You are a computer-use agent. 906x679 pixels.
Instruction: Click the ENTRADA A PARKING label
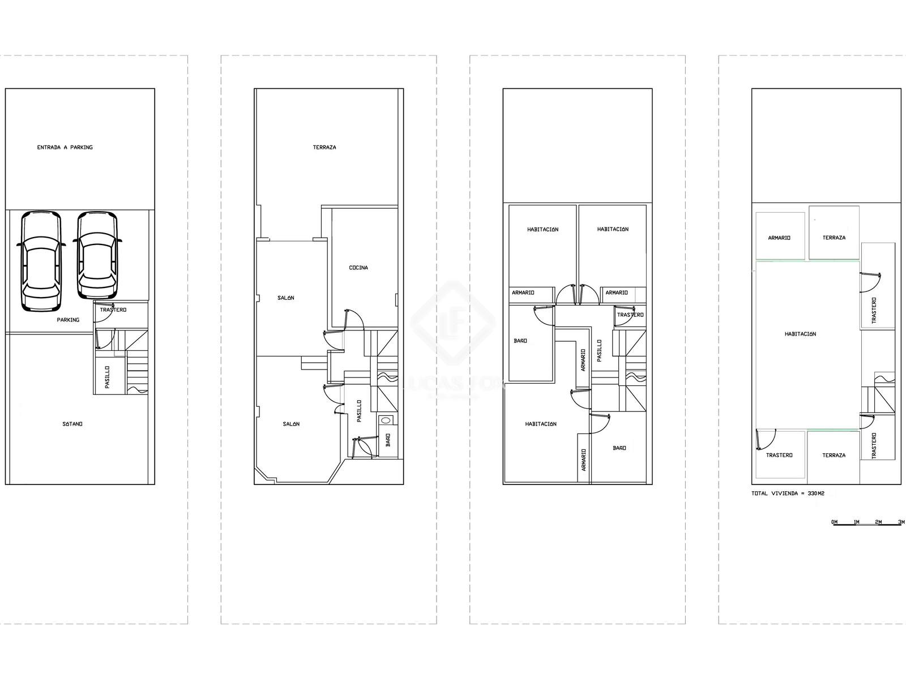click(x=65, y=147)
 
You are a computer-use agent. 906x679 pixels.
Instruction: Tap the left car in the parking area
click(x=41, y=261)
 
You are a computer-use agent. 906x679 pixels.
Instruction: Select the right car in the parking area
click(x=97, y=256)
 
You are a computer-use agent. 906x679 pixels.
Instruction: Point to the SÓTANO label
click(x=72, y=424)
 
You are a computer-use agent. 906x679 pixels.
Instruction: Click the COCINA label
click(x=358, y=268)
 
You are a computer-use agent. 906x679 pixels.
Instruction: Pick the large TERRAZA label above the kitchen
click(x=324, y=147)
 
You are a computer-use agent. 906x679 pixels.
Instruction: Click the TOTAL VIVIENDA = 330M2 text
click(x=788, y=493)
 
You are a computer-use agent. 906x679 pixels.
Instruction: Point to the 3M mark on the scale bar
click(x=901, y=522)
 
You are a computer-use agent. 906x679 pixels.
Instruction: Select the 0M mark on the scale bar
click(x=835, y=522)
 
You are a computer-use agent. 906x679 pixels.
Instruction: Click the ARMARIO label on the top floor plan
click(x=779, y=238)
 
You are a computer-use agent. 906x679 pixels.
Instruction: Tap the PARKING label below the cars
click(x=68, y=320)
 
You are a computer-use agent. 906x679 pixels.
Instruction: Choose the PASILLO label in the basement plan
click(x=108, y=377)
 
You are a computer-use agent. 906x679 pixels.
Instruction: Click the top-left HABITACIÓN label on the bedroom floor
click(x=543, y=230)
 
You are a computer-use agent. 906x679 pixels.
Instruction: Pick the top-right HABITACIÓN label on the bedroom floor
click(x=613, y=229)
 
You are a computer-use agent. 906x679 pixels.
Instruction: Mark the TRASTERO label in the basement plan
click(x=113, y=310)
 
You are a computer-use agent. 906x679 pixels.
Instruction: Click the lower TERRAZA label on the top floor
click(x=834, y=455)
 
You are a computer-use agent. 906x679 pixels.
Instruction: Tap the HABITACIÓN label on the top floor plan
click(x=800, y=334)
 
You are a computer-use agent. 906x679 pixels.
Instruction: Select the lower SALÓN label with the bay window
click(x=291, y=424)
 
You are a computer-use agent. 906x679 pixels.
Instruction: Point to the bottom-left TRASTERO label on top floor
click(x=779, y=455)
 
